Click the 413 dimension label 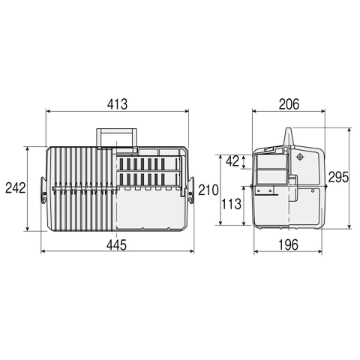117,104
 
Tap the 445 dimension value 116,245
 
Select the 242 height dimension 16,188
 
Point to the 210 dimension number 208,190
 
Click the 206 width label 289,104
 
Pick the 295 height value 338,177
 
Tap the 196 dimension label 288,245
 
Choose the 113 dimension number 232,204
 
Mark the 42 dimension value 232,161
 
